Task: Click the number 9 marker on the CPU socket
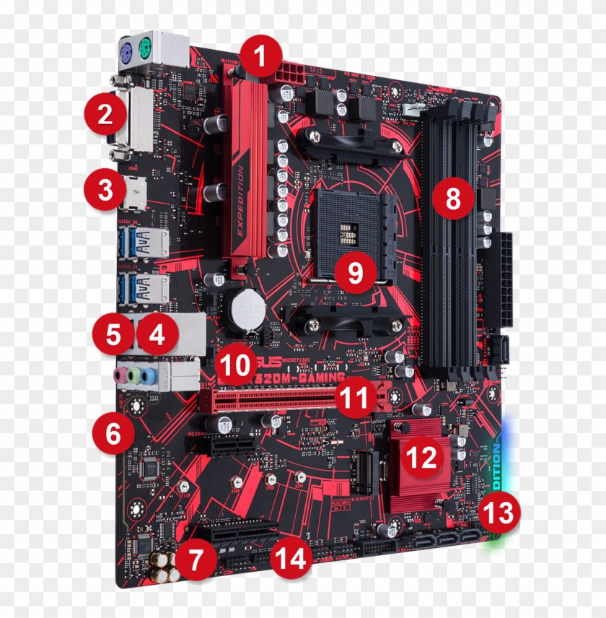pyautogui.click(x=354, y=272)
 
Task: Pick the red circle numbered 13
pyautogui.click(x=499, y=513)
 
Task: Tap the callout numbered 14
pyautogui.click(x=291, y=558)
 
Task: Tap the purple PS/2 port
pyautogui.click(x=125, y=51)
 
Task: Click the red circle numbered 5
pyautogui.click(x=113, y=335)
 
